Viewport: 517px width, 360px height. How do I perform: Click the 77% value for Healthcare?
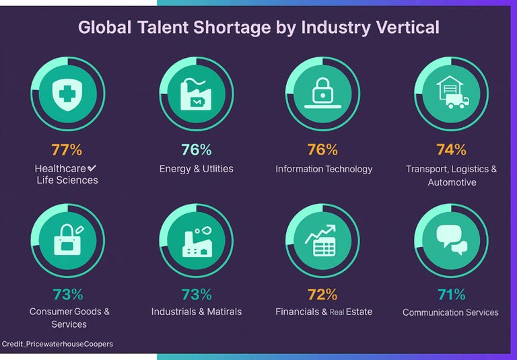[67, 149]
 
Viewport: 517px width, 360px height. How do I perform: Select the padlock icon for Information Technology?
[322, 92]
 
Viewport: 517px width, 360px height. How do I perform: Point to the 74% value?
[452, 149]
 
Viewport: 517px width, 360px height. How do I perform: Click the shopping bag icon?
[67, 239]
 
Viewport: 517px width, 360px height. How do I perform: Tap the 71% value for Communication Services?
[451, 294]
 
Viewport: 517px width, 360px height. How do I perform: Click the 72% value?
[322, 294]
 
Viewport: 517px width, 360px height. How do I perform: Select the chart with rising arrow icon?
[321, 239]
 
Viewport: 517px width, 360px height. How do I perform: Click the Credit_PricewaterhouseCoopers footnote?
[58, 344]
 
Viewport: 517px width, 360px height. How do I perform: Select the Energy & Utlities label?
[196, 168]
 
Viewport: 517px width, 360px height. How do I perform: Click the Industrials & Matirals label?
[196, 312]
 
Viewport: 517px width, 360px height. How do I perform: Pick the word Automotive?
[452, 182]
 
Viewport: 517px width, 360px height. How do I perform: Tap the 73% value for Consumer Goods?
[67, 294]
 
